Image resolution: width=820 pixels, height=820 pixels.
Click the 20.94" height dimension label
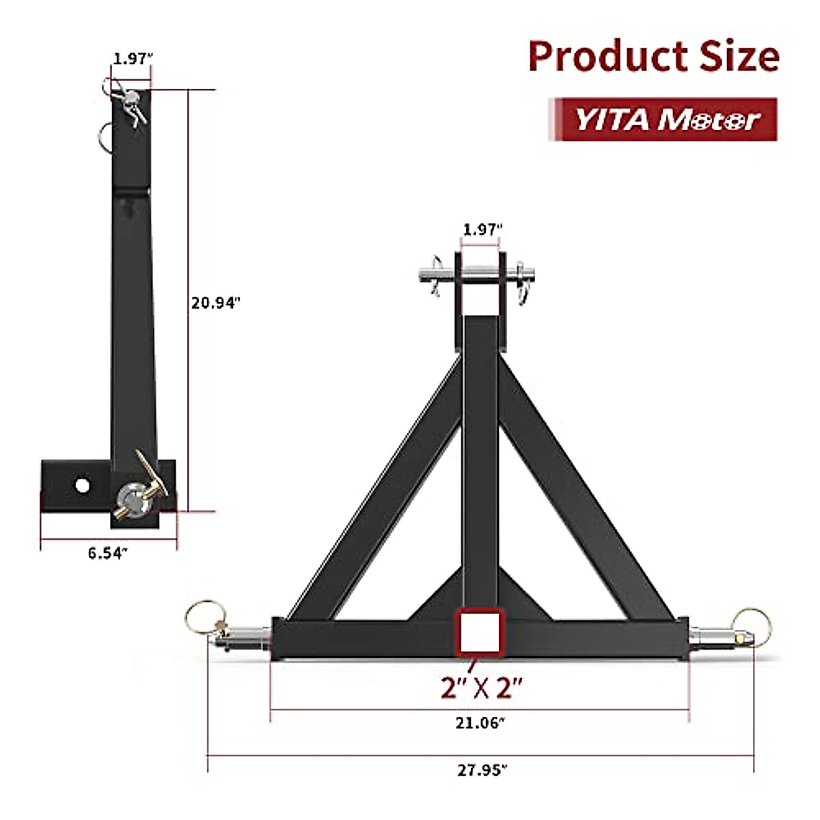tap(216, 302)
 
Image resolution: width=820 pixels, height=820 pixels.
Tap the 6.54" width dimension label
tap(107, 553)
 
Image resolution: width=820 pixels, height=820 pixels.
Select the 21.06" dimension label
tap(480, 722)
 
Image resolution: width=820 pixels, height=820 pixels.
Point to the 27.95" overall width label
tap(482, 770)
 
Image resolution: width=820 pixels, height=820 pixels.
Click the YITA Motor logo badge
tap(664, 120)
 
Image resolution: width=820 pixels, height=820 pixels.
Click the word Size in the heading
tap(739, 57)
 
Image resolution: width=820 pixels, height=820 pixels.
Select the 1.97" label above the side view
tap(131, 59)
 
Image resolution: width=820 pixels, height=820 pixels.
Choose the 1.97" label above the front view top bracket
tap(482, 230)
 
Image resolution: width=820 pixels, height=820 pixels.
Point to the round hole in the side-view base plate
tap(83, 485)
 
